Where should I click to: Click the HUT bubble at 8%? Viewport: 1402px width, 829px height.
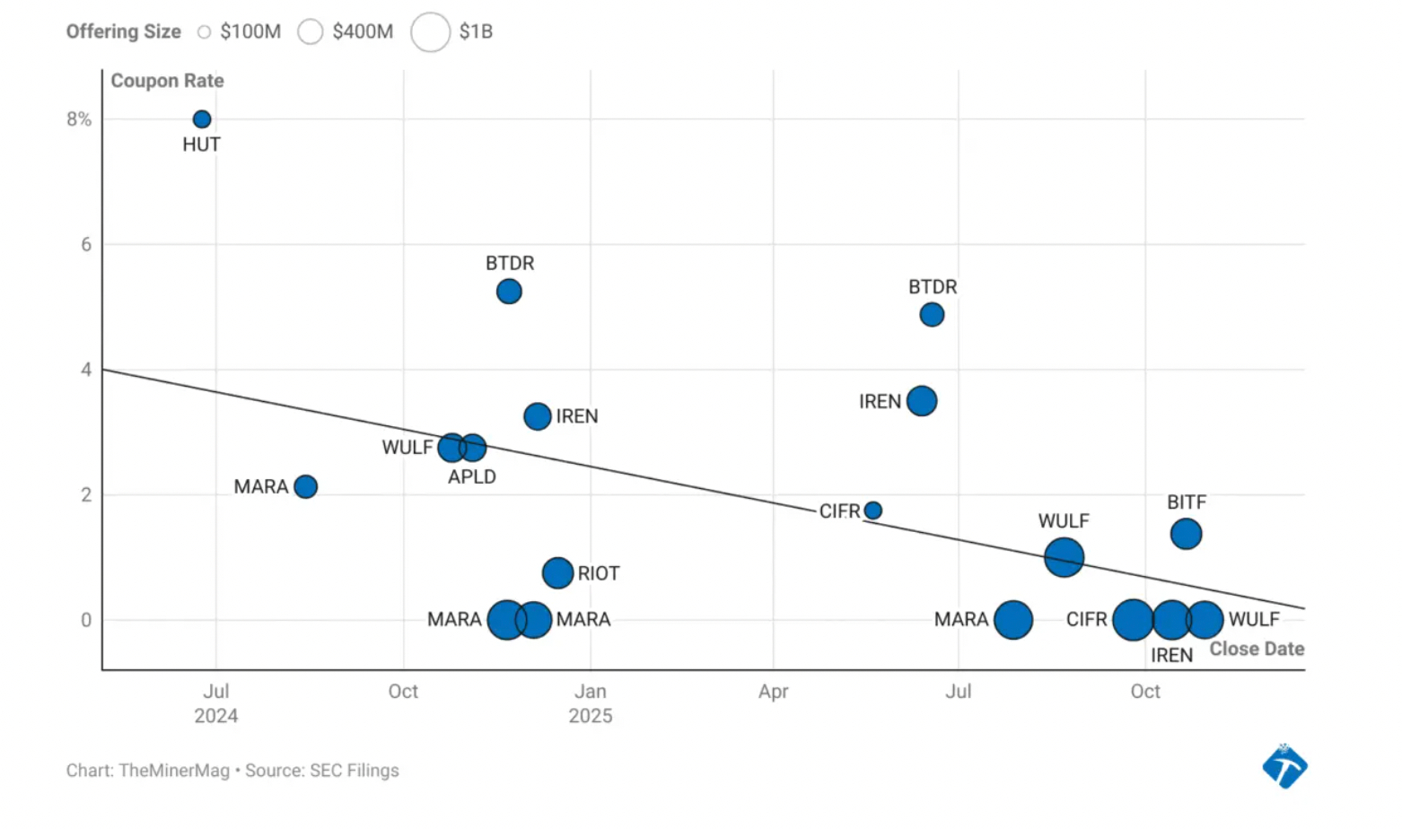[x=202, y=119]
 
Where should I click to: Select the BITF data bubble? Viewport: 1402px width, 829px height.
[x=1186, y=534]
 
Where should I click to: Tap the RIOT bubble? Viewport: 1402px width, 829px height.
[x=557, y=572]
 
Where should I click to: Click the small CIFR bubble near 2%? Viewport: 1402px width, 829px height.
[x=872, y=510]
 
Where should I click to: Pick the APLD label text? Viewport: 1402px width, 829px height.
[x=471, y=476]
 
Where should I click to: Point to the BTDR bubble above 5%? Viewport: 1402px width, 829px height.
[x=509, y=292]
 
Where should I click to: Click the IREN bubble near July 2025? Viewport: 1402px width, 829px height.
[x=922, y=401]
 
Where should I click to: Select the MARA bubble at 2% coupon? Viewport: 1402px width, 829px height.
[x=305, y=486]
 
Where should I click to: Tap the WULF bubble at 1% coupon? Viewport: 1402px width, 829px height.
[x=1064, y=557]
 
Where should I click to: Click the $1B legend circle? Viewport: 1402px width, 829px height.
[x=430, y=32]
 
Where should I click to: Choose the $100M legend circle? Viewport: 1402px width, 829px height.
[x=204, y=32]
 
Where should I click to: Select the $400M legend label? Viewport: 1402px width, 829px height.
[x=363, y=32]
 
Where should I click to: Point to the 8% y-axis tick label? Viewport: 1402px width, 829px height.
[x=79, y=119]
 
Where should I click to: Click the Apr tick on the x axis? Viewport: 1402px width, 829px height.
[x=773, y=692]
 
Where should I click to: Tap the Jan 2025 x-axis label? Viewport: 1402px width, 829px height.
[x=590, y=703]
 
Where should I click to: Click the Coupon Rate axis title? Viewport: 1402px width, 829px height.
[x=167, y=81]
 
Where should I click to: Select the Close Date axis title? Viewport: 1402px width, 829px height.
[x=1256, y=649]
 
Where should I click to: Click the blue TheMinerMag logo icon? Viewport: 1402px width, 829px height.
[x=1284, y=767]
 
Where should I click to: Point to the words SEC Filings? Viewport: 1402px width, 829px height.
[x=354, y=771]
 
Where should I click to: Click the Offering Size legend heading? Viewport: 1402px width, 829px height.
[x=123, y=32]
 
